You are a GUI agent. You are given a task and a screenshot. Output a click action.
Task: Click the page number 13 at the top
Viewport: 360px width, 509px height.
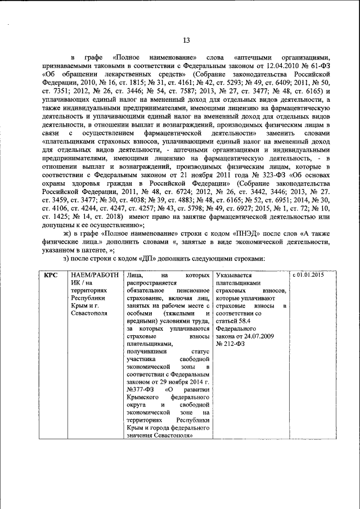click(186, 39)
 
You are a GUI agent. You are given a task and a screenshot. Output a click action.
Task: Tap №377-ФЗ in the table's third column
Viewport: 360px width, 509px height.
click(142, 389)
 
